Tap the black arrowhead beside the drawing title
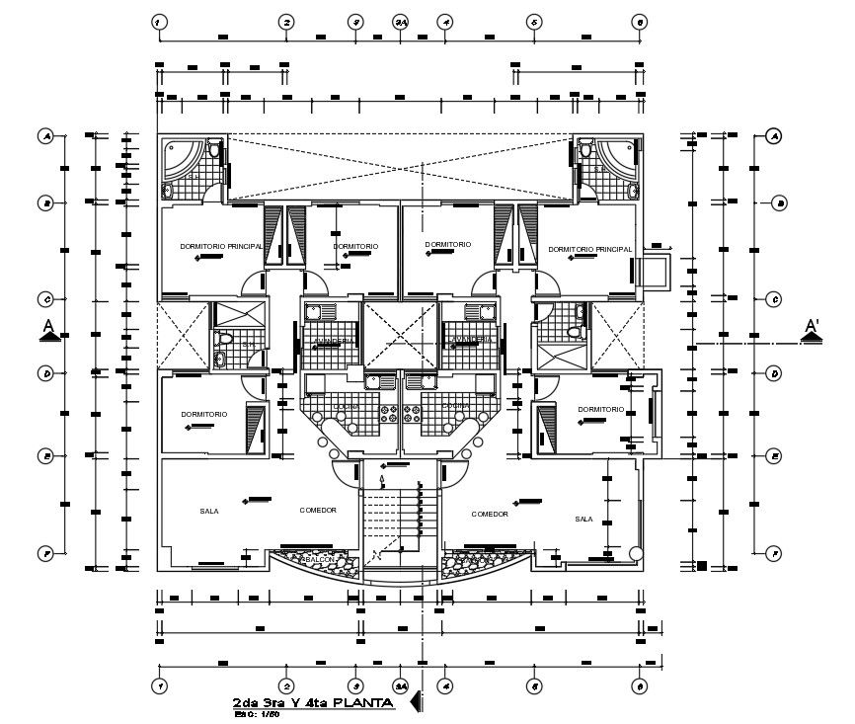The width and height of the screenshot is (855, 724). coord(416,702)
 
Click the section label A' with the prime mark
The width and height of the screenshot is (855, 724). coord(812,325)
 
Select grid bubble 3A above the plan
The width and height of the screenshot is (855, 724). coord(400,21)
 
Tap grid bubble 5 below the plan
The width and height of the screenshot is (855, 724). coord(533,684)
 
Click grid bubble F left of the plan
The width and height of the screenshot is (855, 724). coord(45,553)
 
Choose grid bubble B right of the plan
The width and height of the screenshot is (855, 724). coord(779,203)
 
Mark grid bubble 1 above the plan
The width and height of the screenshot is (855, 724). coord(158,21)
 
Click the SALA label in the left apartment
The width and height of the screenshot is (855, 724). coord(208,512)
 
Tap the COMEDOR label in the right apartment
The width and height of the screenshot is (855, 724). coord(490,515)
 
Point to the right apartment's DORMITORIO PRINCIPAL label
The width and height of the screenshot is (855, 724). coord(589,250)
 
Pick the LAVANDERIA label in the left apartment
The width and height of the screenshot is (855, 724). coord(332,342)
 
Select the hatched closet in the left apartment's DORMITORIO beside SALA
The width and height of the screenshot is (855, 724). coord(256,426)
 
